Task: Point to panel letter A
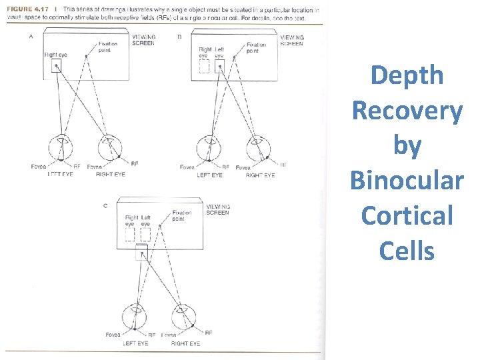tap(31, 37)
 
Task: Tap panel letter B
tap(179, 37)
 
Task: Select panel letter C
tap(105, 206)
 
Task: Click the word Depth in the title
tap(407, 75)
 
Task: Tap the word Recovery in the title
tap(407, 111)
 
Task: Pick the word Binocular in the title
tap(407, 181)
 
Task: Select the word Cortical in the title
tap(407, 216)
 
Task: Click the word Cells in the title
tap(407, 251)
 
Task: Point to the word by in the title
tap(407, 146)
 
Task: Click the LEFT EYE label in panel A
tap(60, 175)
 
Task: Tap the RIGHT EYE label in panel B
tap(260, 175)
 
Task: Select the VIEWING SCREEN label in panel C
tap(218, 210)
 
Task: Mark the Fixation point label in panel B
tap(256, 48)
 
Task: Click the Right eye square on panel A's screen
tap(53, 66)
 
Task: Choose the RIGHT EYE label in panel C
tap(185, 344)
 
